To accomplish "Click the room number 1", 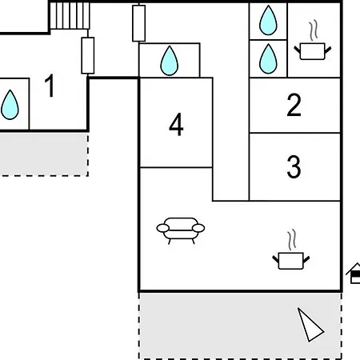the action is tap(50, 86).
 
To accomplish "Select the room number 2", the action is tap(294, 105).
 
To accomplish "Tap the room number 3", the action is tap(294, 166).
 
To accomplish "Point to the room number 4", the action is tap(176, 124).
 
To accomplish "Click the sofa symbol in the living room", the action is tap(181, 230).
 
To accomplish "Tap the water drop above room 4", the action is tap(170, 61).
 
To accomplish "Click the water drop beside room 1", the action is tap(10, 105).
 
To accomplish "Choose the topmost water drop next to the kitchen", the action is tap(268, 20).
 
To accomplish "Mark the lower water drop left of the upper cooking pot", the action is tap(268, 58).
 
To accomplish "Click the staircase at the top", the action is tap(70, 15).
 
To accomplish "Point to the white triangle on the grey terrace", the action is tap(310, 326).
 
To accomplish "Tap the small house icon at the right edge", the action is tap(354, 273).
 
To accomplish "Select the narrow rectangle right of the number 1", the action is tap(88, 55).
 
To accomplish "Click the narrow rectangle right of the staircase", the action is tap(139, 23).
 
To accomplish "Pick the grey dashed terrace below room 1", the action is tap(44, 154).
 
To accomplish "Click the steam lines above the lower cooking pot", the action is tap(292, 239).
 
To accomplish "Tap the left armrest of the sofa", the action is tap(163, 228).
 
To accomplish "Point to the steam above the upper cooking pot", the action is tap(314, 30).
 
